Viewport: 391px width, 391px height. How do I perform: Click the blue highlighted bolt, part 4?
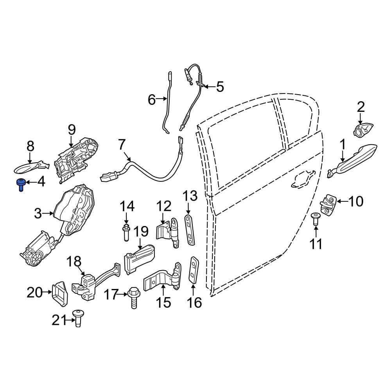[20, 185]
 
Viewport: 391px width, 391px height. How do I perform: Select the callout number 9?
[71, 129]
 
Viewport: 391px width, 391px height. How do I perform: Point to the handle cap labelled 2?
[364, 129]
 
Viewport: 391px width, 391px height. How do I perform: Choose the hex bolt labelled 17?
[132, 299]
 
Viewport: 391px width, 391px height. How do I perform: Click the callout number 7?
[122, 145]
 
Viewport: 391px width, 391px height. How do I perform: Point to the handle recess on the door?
[302, 181]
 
